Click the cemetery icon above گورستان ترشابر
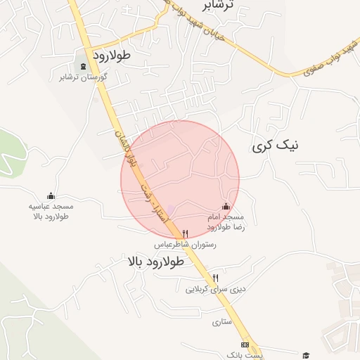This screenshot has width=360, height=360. point(84,67)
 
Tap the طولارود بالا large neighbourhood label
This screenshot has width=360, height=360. point(156,262)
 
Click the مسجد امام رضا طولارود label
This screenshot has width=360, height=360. point(226,223)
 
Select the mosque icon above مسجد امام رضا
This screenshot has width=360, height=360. point(226,206)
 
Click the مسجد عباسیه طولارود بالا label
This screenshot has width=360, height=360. point(51,212)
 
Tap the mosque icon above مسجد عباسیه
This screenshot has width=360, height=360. point(51,196)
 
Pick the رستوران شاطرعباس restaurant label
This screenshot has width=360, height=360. point(185,244)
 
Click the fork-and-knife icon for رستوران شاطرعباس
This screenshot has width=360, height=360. point(185,233)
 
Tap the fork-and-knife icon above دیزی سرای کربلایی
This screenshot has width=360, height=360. point(215,278)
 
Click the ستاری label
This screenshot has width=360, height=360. point(221,322)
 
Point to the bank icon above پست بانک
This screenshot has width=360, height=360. point(244,345)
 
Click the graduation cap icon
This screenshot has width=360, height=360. point(305,354)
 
